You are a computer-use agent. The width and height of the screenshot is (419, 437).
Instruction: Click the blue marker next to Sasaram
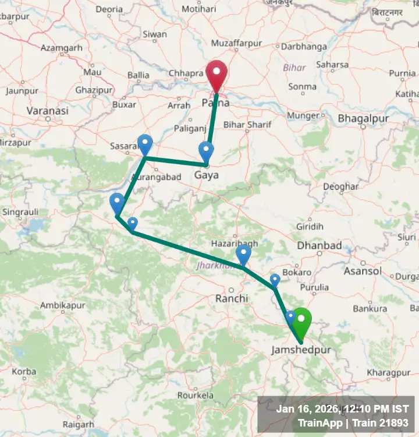144,143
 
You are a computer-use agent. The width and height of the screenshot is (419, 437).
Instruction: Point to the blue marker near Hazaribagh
243,254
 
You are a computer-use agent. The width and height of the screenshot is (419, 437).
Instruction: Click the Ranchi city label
232,298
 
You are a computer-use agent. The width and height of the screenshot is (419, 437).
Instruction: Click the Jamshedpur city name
301,350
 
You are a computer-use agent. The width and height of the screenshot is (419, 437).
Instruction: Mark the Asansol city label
363,271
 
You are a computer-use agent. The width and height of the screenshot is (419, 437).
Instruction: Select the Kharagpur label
389,372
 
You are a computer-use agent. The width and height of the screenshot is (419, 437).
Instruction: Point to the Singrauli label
20,212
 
